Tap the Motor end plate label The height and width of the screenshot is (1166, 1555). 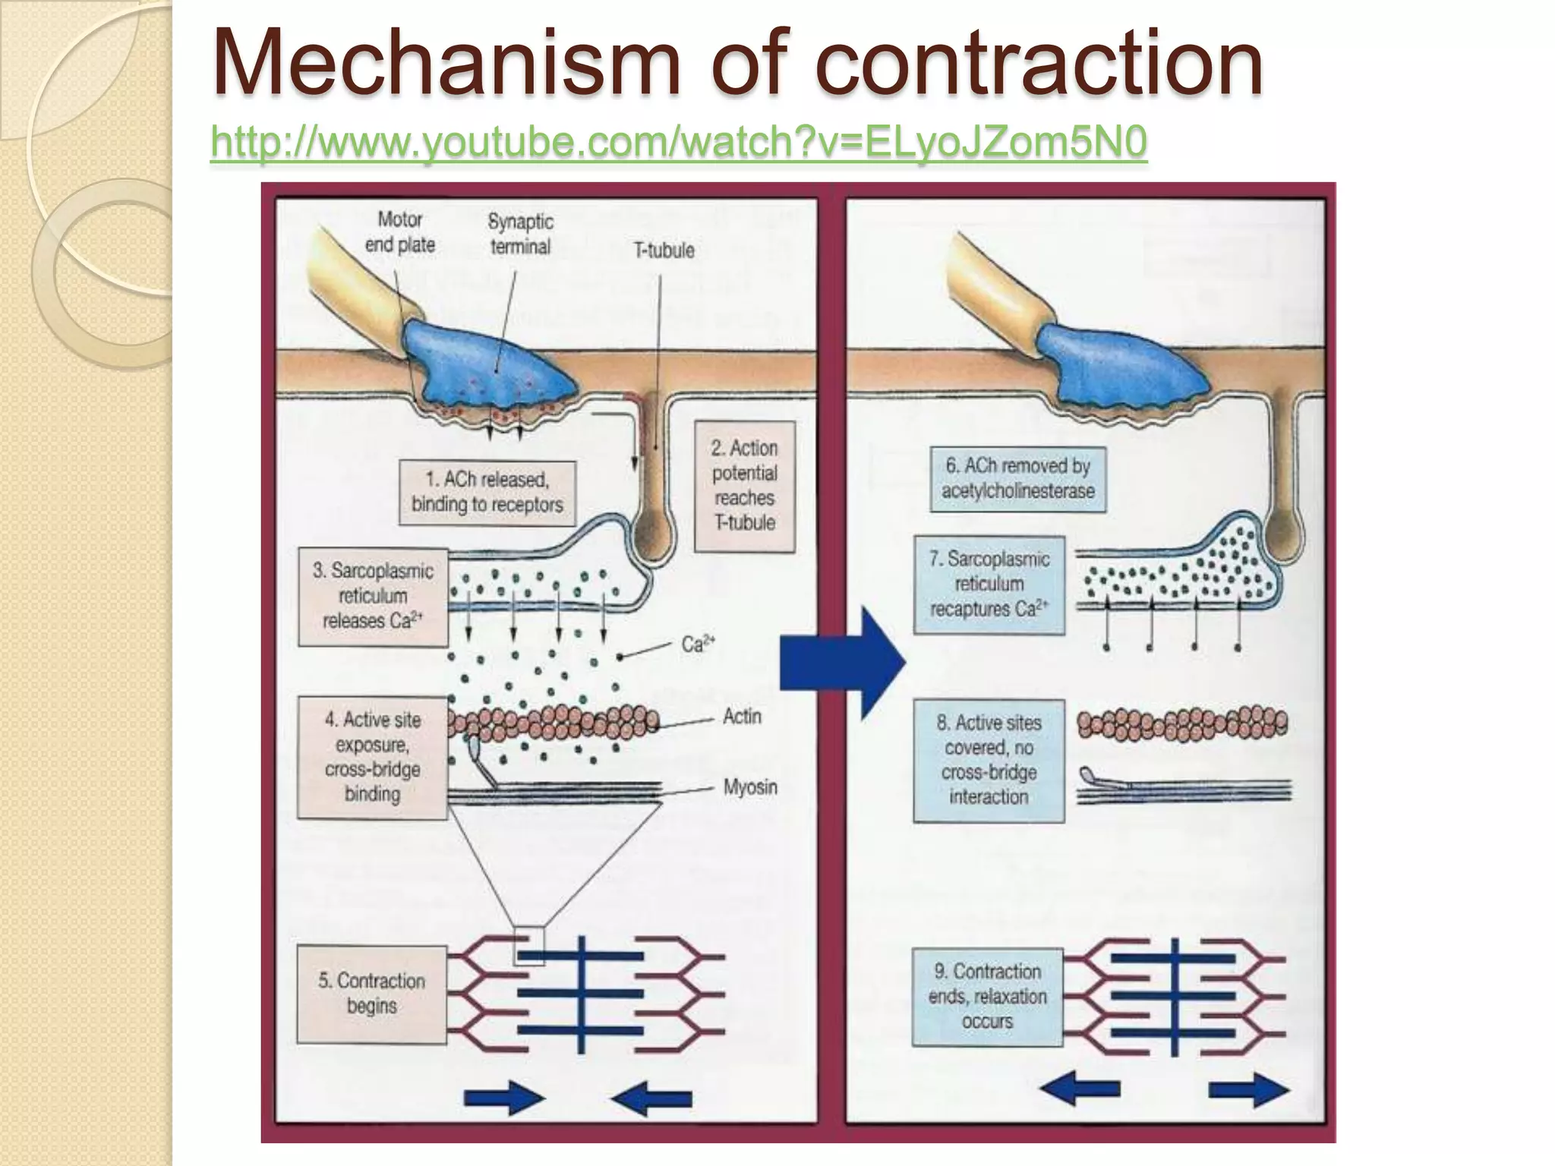coord(400,232)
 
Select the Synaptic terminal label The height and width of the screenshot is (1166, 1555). coord(520,234)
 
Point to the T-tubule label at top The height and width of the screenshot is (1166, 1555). coord(664,251)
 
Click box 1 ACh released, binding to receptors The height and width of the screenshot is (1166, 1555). coord(487,492)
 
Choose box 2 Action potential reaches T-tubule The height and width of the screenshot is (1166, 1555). coord(745,486)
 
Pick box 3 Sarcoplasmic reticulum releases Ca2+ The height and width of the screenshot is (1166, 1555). coord(373,596)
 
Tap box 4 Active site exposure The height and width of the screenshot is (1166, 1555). coord(373,757)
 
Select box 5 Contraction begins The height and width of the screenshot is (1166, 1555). coord(371,993)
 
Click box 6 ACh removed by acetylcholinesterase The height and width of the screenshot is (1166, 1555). coord(1017,479)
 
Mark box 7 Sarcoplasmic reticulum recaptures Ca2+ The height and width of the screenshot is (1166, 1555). coord(989,585)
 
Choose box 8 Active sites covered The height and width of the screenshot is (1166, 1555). coord(989,760)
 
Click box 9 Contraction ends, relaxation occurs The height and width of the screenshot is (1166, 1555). coord(987,997)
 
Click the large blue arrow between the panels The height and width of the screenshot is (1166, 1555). coord(843,663)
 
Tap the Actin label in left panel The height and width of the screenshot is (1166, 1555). coord(741,717)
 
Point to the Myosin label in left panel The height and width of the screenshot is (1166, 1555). coord(749,787)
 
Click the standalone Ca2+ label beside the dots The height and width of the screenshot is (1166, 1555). coord(698,644)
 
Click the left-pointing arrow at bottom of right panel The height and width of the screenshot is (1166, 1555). coord(1079,1089)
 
